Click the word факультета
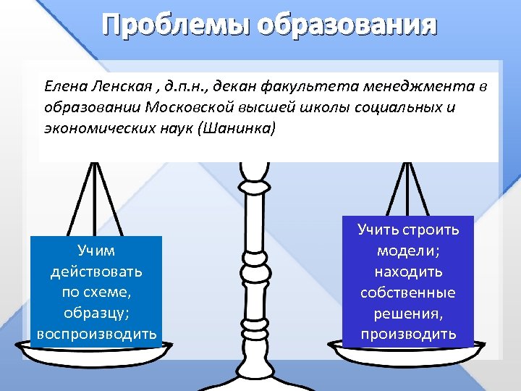click(x=308, y=87)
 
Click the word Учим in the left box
click(x=96, y=251)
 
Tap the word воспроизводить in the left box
click(x=96, y=335)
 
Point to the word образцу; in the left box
click(x=96, y=314)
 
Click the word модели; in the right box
click(x=409, y=251)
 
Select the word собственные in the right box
click(x=409, y=293)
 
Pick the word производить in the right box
click(x=409, y=334)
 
